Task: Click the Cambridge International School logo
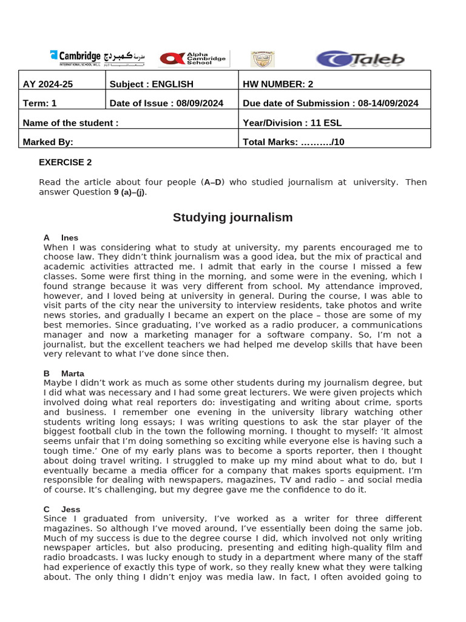click(97, 58)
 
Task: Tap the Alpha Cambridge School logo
click(192, 59)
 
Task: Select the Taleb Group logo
click(360, 59)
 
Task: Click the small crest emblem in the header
click(262, 59)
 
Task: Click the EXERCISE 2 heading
click(65, 162)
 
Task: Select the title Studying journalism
click(232, 217)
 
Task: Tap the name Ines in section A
click(70, 238)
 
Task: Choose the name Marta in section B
click(73, 374)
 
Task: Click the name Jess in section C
click(70, 509)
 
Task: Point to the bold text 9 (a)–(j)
click(130, 193)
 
